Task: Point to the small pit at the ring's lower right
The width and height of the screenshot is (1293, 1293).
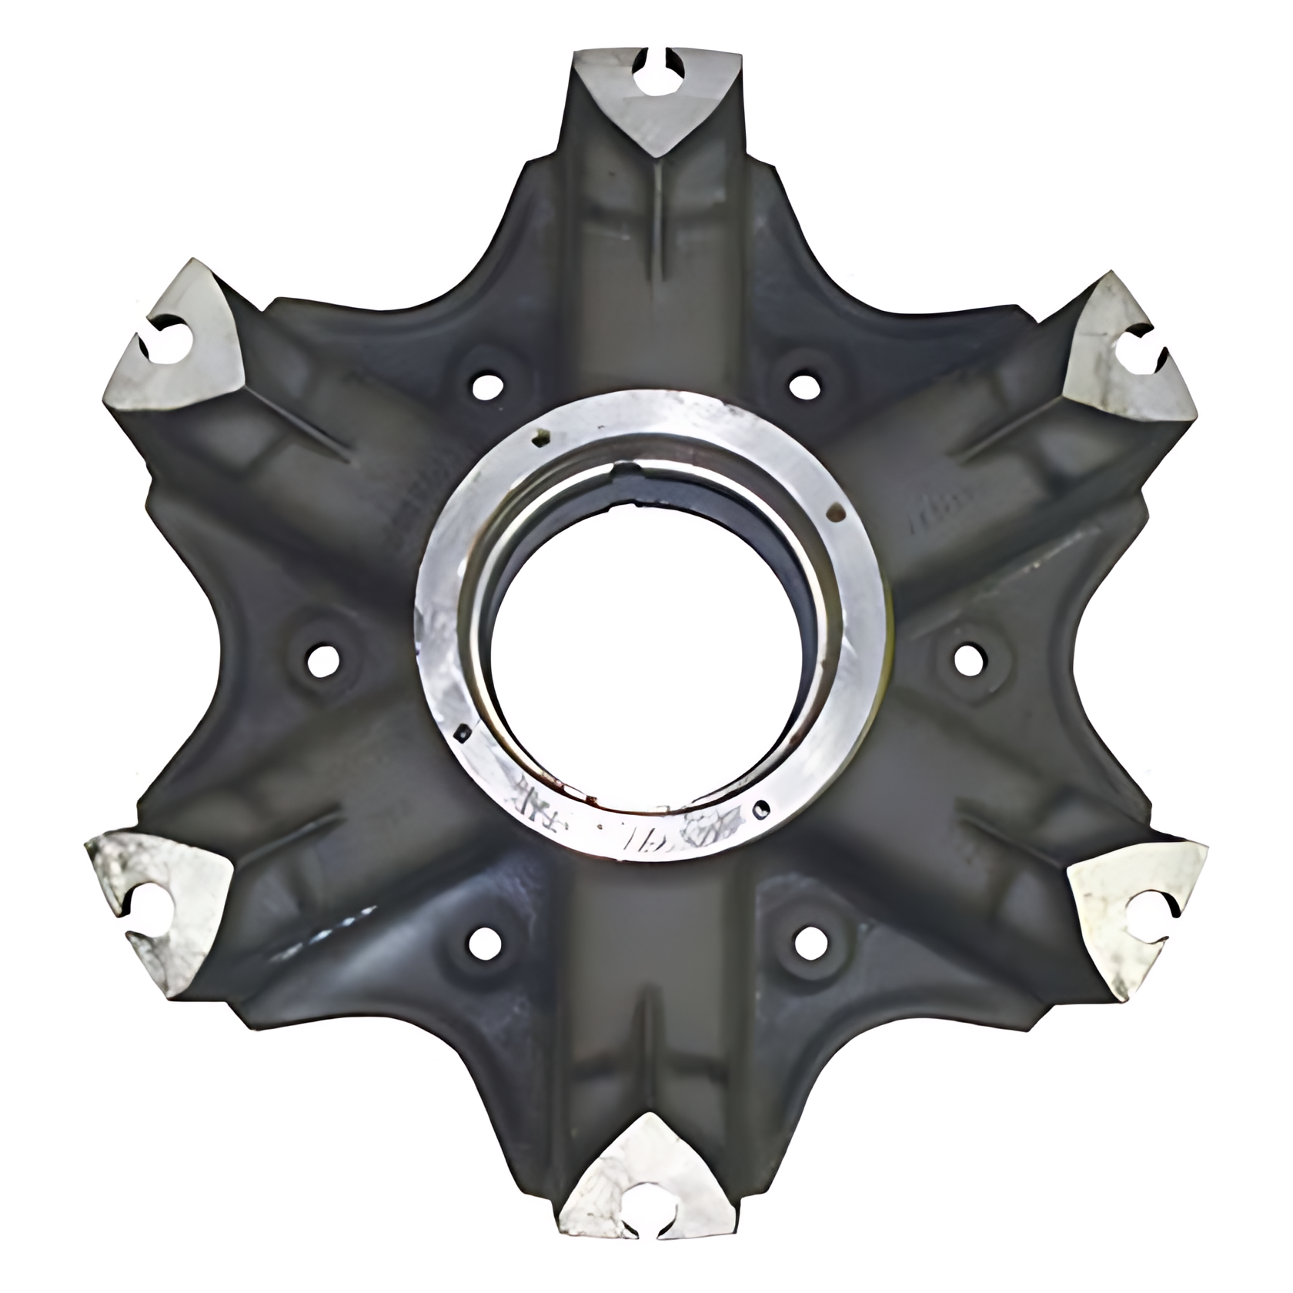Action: (762, 808)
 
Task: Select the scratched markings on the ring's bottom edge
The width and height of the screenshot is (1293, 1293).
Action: (616, 831)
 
